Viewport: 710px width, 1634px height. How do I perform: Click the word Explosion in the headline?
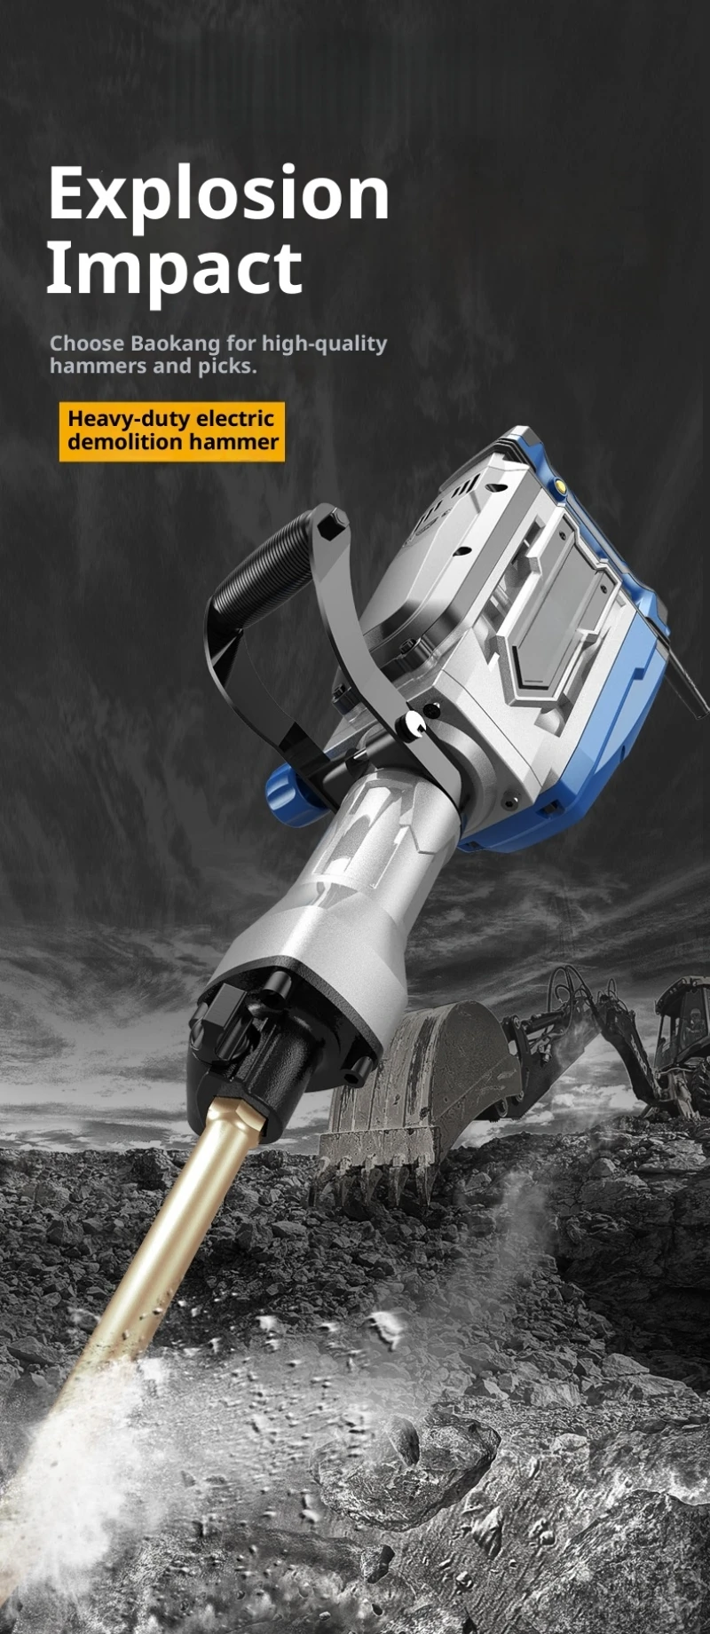point(217,195)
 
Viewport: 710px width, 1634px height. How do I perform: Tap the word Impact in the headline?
point(173,269)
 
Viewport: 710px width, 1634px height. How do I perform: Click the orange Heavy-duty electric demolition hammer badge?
point(172,431)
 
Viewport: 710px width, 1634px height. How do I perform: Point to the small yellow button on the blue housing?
point(560,485)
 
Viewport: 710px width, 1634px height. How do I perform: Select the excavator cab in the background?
point(683,1030)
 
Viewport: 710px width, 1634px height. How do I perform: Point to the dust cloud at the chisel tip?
point(71,1464)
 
